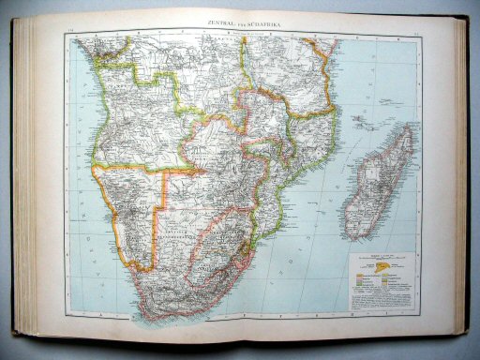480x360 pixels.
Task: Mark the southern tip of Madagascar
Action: (x=357, y=234)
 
